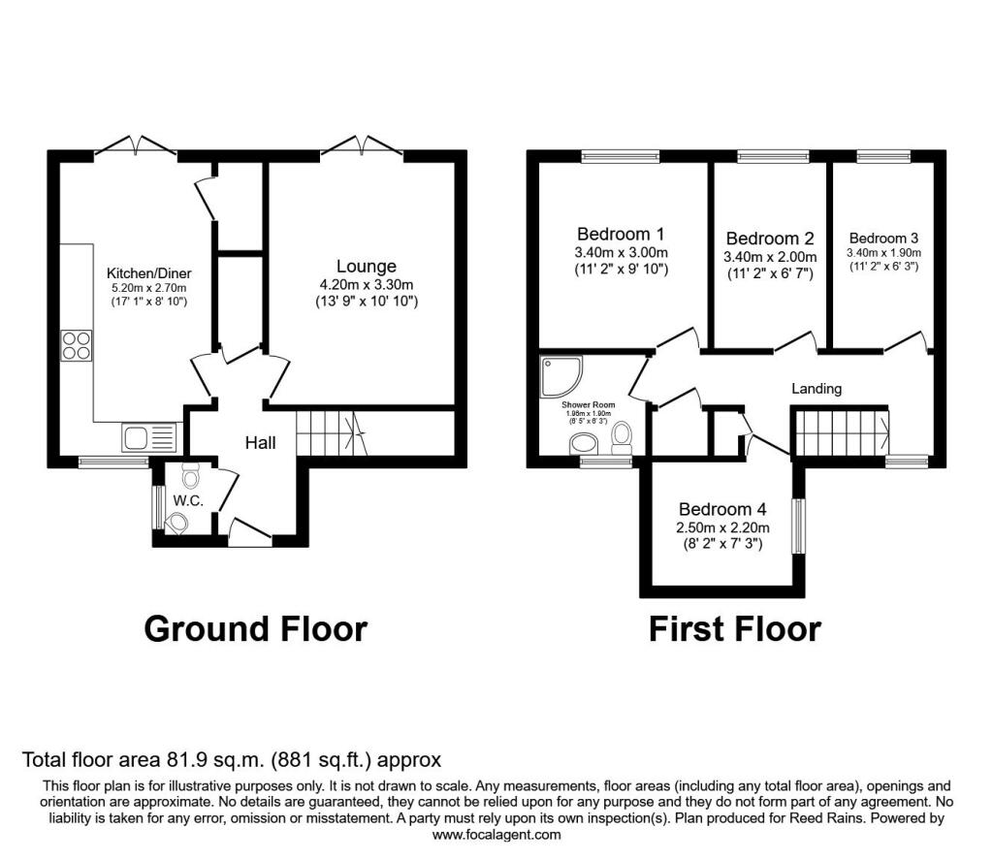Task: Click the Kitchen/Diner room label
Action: tap(146, 272)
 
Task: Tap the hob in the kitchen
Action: tap(77, 346)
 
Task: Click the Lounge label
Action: tap(366, 266)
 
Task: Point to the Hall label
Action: tap(260, 443)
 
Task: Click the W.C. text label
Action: tap(187, 500)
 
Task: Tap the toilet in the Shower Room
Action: tap(622, 437)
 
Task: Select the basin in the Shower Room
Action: tap(584, 443)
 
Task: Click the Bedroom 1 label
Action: tap(621, 234)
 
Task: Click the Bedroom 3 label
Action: tap(883, 238)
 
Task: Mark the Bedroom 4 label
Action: tap(722, 509)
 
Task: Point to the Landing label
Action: tap(817, 388)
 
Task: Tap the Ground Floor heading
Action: tap(255, 628)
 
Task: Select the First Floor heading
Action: tap(734, 628)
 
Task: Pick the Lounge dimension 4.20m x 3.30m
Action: tap(366, 284)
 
